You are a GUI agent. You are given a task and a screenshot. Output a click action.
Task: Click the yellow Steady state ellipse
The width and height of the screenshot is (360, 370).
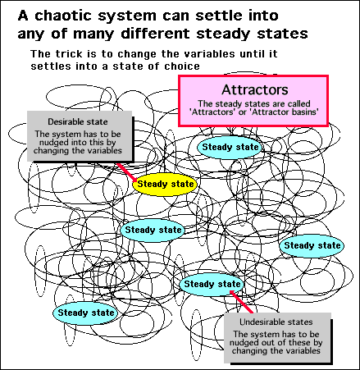(165, 184)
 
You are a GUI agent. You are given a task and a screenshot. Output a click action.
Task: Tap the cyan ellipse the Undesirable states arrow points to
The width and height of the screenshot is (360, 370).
(212, 284)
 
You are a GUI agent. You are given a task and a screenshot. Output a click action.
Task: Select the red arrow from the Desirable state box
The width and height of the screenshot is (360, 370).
(127, 173)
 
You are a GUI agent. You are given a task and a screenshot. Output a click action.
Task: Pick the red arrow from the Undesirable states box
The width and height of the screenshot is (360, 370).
(241, 302)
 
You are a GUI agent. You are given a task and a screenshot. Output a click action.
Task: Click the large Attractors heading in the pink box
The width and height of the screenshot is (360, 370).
(255, 89)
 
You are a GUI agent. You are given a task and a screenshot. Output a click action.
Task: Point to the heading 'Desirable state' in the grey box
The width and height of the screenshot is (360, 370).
(78, 121)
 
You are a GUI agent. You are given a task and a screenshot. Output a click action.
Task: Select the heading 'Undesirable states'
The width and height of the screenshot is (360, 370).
(276, 322)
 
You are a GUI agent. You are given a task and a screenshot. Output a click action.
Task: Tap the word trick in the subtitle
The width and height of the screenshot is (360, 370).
(68, 53)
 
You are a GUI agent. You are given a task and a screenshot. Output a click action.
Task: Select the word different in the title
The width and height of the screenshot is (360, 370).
(155, 34)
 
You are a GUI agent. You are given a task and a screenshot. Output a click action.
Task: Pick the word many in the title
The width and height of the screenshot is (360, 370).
(93, 34)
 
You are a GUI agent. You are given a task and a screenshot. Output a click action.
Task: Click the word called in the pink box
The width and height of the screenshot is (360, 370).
(298, 103)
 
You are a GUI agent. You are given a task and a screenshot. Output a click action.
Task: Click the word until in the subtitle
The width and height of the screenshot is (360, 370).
(251, 53)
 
